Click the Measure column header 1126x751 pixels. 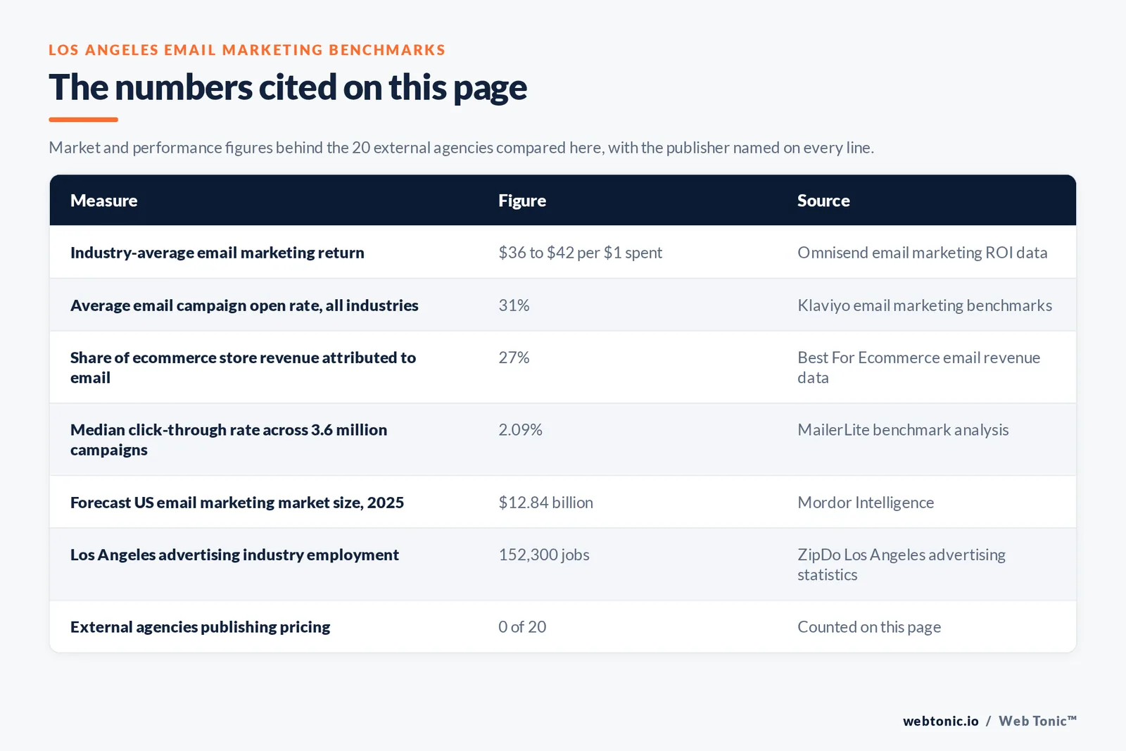pyautogui.click(x=103, y=200)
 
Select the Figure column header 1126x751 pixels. pyautogui.click(x=521, y=200)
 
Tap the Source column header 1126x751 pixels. pyautogui.click(x=823, y=200)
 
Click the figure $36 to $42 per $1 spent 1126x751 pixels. pyautogui.click(x=580, y=253)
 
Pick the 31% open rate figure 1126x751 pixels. pyautogui.click(x=514, y=305)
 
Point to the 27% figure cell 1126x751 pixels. pyautogui.click(x=514, y=358)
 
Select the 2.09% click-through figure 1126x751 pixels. pyautogui.click(x=520, y=430)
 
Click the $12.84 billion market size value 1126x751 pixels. pyautogui.click(x=545, y=502)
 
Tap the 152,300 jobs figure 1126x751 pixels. pyautogui.click(x=543, y=555)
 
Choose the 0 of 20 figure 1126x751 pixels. pyautogui.click(x=521, y=627)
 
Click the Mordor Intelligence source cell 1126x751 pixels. pyautogui.click(x=866, y=502)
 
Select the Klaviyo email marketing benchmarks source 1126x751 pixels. pyautogui.click(x=925, y=305)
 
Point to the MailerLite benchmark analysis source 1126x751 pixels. pyautogui.click(x=903, y=430)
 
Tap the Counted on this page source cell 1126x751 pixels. pyautogui.click(x=869, y=627)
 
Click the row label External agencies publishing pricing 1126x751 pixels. pyautogui.click(x=200, y=627)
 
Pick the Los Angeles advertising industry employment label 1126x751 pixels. pyautogui.click(x=234, y=555)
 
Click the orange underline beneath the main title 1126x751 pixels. pyautogui.click(x=84, y=120)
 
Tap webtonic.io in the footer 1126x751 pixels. pyautogui.click(x=940, y=721)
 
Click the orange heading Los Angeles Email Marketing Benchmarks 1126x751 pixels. pyautogui.click(x=247, y=50)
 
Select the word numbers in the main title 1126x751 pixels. pyautogui.click(x=184, y=87)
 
